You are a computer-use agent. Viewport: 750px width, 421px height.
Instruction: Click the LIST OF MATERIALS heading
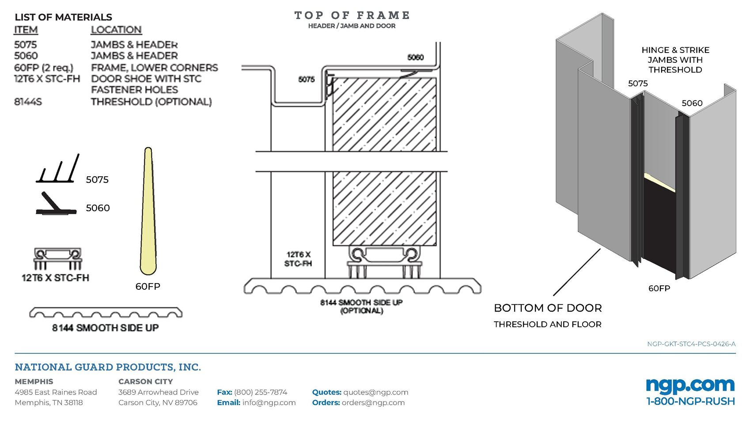(x=63, y=17)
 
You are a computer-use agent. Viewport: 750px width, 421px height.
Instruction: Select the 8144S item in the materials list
(x=28, y=102)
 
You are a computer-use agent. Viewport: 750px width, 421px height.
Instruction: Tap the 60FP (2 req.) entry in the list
(x=43, y=68)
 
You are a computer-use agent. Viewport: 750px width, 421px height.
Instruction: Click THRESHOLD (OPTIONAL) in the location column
(x=151, y=102)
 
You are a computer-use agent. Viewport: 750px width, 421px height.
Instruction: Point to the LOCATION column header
(x=116, y=30)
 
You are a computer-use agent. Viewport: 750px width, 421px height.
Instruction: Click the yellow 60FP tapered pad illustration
(x=148, y=212)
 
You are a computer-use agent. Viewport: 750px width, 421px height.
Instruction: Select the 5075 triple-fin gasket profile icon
(x=57, y=170)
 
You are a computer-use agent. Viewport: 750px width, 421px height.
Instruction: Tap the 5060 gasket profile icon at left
(x=55, y=204)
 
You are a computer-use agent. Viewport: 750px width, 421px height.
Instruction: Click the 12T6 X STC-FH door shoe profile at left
(x=58, y=258)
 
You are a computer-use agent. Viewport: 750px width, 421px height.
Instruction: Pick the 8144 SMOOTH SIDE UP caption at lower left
(x=105, y=328)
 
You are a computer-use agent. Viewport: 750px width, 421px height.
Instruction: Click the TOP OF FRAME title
(x=352, y=15)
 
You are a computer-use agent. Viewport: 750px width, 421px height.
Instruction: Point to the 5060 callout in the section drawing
(x=415, y=57)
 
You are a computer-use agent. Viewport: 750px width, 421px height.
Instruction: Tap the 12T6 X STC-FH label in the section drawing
(x=298, y=259)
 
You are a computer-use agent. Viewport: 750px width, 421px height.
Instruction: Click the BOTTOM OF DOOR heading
(x=548, y=308)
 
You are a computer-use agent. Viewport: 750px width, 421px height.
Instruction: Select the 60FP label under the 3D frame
(x=659, y=288)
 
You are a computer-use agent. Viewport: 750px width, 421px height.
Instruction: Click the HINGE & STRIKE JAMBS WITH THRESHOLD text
(x=675, y=60)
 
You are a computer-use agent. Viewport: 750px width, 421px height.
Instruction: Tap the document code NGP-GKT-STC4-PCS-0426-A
(x=691, y=344)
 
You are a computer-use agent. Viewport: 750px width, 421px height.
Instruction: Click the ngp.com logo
(x=690, y=385)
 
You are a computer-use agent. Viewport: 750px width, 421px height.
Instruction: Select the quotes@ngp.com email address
(x=375, y=392)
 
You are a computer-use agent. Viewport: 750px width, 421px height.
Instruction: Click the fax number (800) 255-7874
(x=260, y=392)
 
